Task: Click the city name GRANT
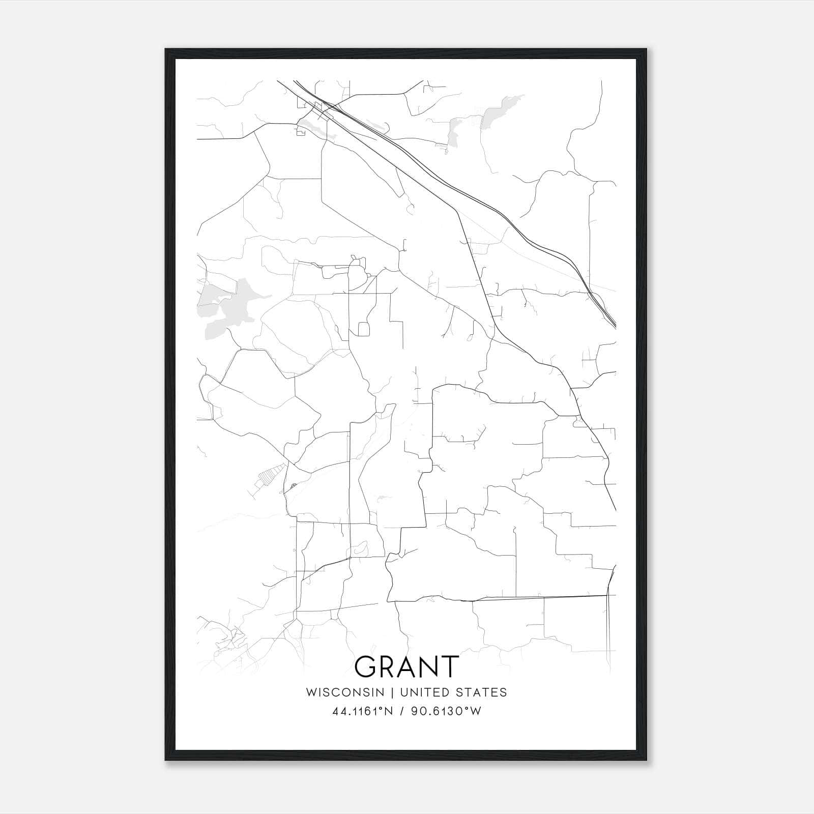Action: pyautogui.click(x=406, y=666)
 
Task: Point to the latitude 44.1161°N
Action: pyautogui.click(x=363, y=711)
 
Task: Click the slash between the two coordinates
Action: pyautogui.click(x=402, y=711)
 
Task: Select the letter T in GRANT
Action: pyautogui.click(x=450, y=666)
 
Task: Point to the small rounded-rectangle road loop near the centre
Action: pyautogui.click(x=363, y=329)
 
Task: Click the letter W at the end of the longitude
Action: pyautogui.click(x=475, y=711)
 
